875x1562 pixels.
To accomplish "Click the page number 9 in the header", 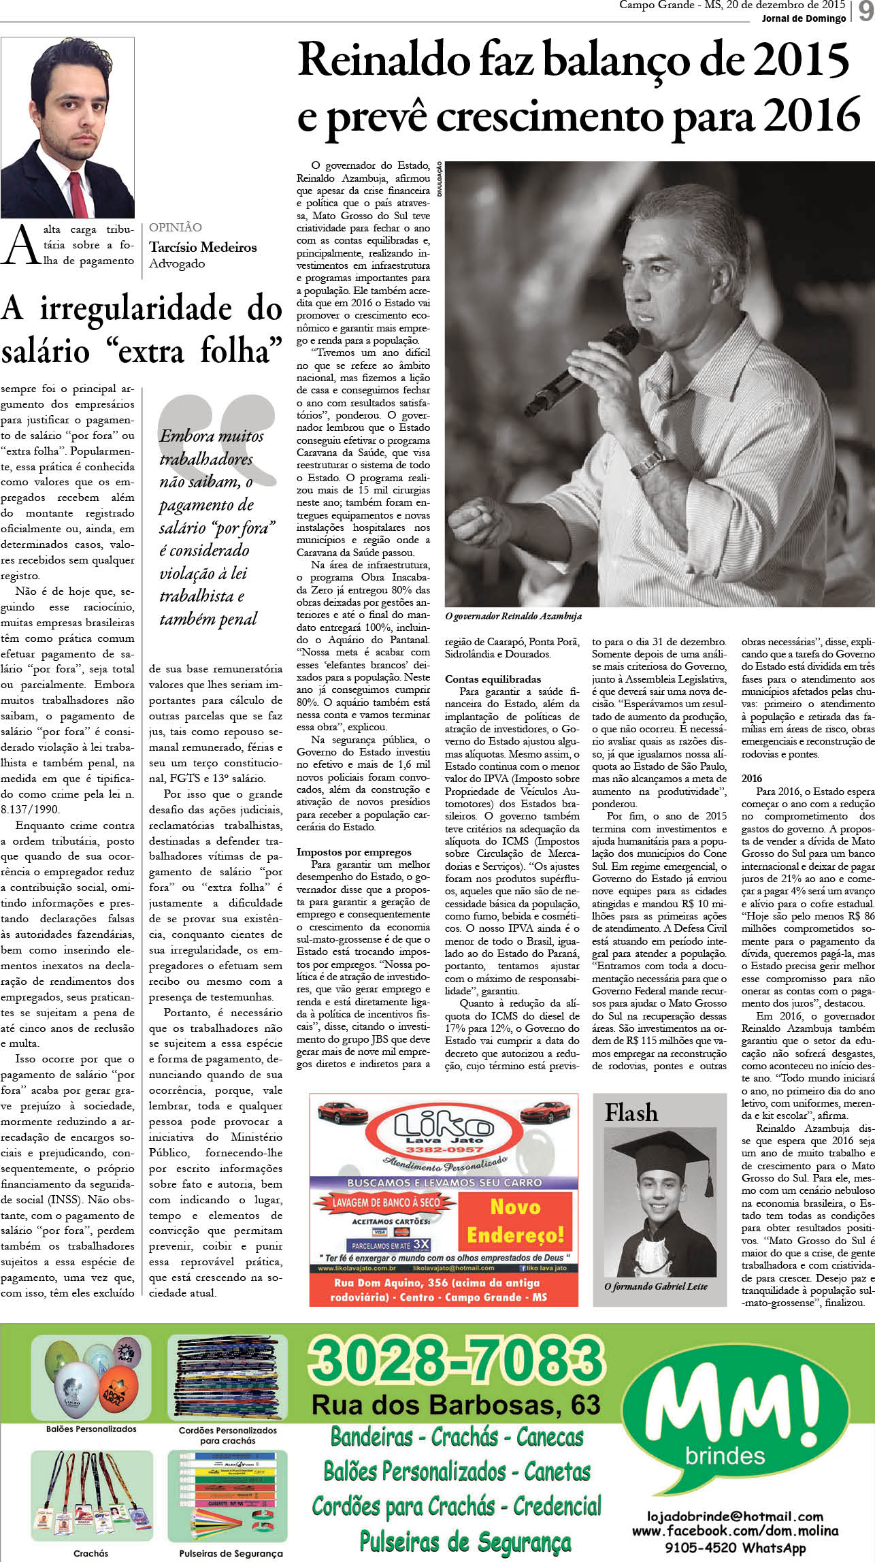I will coord(865,12).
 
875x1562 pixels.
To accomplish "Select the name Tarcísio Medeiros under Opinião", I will coord(203,247).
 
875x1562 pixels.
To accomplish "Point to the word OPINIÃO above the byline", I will coord(176,227).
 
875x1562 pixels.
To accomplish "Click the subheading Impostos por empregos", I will coord(354,851).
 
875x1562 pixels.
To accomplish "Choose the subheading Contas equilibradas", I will coord(493,679).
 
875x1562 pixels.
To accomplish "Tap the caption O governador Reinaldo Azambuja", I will coord(513,616).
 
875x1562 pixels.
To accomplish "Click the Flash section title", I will coord(631,1112).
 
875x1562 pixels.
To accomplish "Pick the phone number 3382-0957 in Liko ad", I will coord(443,1149).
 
